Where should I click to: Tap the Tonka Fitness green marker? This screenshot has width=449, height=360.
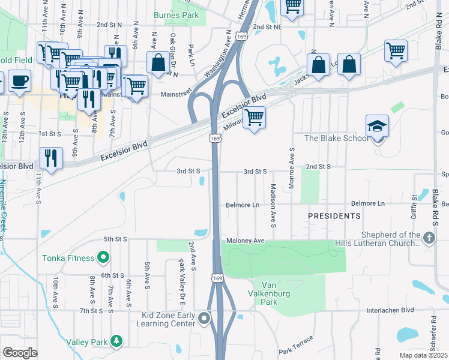coord(103,258)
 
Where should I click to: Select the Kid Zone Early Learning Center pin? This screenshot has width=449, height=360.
coord(205,318)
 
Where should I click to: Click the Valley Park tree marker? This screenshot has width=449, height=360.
coord(116,341)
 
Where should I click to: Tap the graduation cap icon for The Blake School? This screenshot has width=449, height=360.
coord(377,125)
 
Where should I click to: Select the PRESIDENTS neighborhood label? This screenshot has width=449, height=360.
coord(334,215)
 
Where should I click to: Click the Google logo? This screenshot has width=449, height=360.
coord(19,352)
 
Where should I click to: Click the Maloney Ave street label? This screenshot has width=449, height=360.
coord(246,241)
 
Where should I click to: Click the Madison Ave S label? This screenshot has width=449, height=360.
coord(272,206)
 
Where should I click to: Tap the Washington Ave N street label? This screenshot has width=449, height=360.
coord(218,54)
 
